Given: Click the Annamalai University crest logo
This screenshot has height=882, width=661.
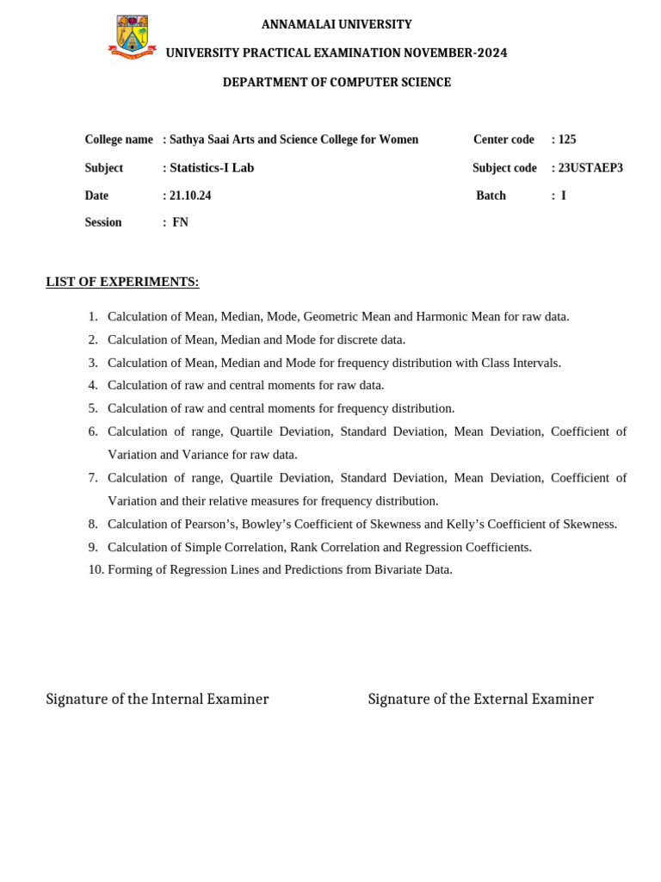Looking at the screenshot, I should pos(133,37).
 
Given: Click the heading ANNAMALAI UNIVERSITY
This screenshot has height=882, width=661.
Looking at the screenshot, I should pos(337,24).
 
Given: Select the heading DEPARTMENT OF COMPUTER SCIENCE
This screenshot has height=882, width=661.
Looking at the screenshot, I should pos(337,82).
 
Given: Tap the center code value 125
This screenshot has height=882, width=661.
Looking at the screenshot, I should pos(566,139).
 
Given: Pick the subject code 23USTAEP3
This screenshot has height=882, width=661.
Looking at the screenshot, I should pos(590,167).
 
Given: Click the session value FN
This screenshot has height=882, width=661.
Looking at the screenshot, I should pos(180,222).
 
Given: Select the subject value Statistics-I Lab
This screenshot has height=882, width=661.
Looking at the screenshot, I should pos(212,167).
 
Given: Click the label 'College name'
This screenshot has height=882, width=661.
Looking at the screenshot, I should pos(119,139).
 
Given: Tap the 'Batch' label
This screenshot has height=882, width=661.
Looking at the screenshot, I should pos(491,196).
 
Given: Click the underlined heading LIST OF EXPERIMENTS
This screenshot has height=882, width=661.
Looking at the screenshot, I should pos(122,282).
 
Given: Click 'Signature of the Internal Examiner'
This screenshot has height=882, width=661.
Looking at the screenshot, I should pos(158,699).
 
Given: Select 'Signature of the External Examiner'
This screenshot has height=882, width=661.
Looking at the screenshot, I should pos(480,699).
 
